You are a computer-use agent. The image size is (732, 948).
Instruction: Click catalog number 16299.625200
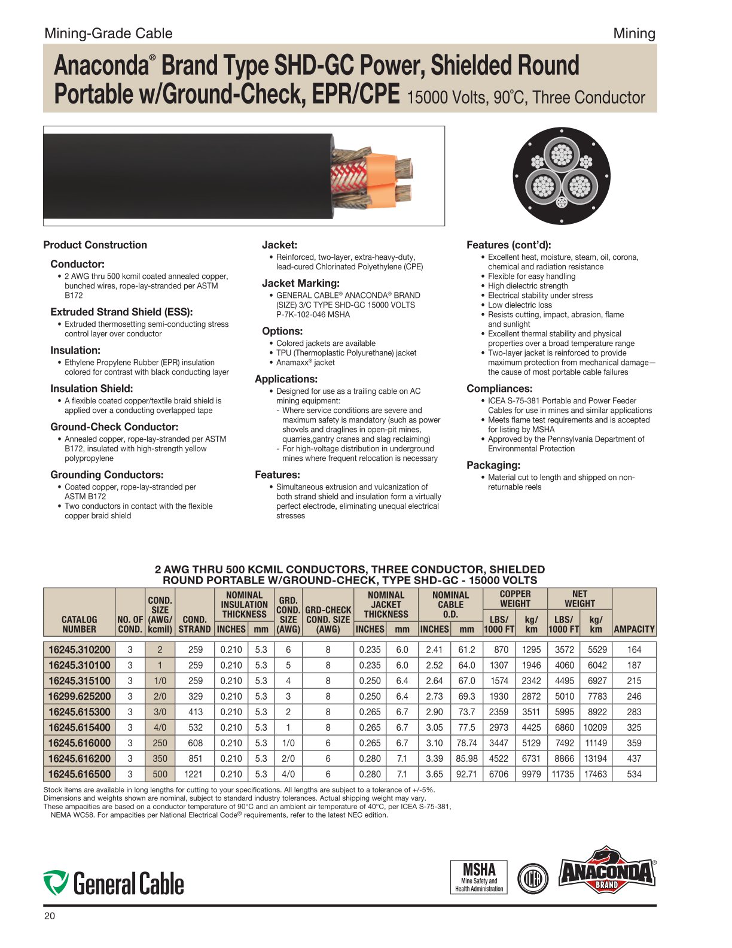tap(79, 696)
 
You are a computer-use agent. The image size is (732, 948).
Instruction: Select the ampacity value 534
tap(634, 774)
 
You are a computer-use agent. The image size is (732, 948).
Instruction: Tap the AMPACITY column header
tap(634, 629)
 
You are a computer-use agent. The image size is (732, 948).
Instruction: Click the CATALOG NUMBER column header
tap(79, 624)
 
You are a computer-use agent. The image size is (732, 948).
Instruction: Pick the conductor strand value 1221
tap(193, 774)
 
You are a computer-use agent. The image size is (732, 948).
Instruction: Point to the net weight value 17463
tap(596, 774)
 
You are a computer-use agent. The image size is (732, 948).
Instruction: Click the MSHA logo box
tap(479, 877)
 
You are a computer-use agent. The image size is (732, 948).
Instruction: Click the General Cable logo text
tap(128, 883)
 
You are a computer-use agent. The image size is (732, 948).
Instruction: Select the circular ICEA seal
tap(532, 878)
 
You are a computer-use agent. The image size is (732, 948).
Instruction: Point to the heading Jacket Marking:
tap(301, 283)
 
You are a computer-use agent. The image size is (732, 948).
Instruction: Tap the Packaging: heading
tap(493, 465)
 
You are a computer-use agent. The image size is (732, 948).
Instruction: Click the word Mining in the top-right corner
tap(634, 34)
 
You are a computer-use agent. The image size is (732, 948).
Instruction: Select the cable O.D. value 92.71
tap(466, 774)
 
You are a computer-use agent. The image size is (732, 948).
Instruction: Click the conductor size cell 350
tap(160, 758)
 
